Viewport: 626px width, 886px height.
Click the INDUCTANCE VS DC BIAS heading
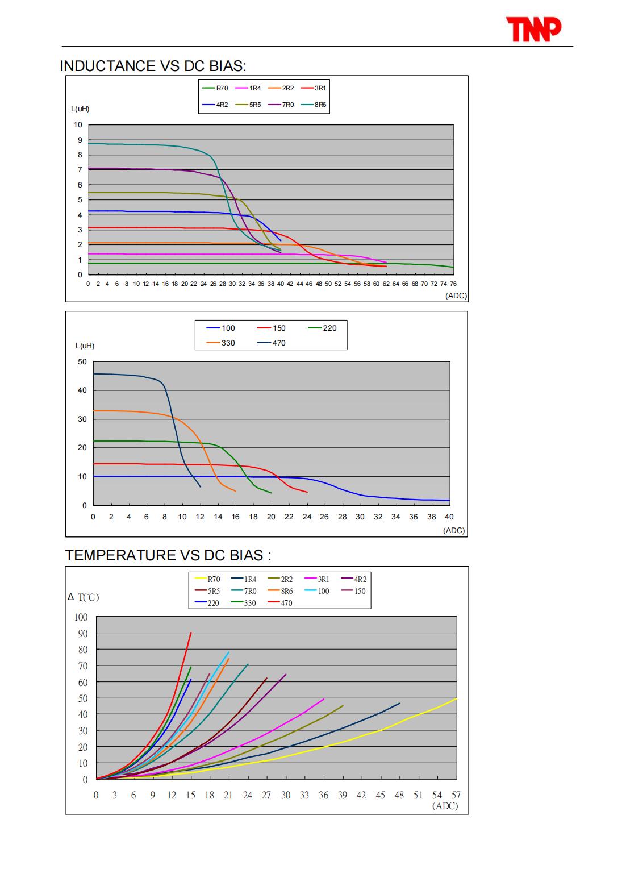(153, 66)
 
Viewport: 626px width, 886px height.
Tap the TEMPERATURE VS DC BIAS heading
(168, 555)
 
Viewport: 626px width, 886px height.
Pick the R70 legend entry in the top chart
(215, 88)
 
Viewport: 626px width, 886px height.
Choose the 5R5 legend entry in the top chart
(248, 105)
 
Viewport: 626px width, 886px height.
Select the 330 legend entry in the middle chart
(221, 343)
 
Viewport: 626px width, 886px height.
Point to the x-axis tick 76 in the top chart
(453, 284)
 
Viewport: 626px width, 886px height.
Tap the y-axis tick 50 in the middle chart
(82, 361)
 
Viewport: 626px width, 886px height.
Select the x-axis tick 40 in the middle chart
(449, 517)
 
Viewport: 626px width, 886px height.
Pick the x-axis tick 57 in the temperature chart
(456, 795)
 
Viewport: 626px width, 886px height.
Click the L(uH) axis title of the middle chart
(85, 346)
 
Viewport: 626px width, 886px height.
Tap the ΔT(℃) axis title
(84, 597)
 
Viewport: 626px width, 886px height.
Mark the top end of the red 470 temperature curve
(191, 633)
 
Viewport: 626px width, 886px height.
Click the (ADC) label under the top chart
(456, 296)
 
